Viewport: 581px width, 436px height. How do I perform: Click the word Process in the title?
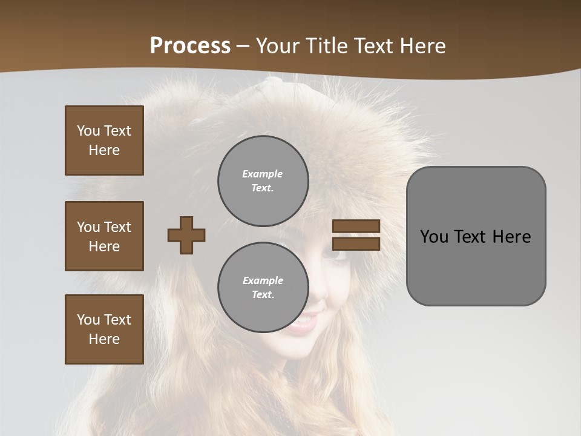point(190,46)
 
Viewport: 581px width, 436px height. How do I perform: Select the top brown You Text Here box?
point(104,140)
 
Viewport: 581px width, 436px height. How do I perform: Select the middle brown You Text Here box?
point(104,236)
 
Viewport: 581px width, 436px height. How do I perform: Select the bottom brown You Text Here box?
point(104,329)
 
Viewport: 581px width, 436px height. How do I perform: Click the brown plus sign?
point(186,235)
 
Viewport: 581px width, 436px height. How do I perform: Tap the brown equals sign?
point(356,235)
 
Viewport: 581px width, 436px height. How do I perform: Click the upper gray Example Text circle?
point(263,181)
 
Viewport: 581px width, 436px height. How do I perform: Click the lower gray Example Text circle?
point(263,288)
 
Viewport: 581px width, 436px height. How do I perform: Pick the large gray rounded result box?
point(476,236)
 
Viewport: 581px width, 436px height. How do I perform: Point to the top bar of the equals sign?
point(356,226)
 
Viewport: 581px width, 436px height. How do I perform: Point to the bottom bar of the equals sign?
point(356,243)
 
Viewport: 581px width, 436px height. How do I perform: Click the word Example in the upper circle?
point(262,174)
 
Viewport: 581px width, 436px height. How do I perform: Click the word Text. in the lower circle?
point(263,295)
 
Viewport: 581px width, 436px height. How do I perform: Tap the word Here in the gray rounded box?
point(512,237)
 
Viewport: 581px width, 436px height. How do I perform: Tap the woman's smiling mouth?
point(304,325)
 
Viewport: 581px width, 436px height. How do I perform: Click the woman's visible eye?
point(339,254)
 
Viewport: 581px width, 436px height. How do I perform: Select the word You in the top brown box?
point(88,131)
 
